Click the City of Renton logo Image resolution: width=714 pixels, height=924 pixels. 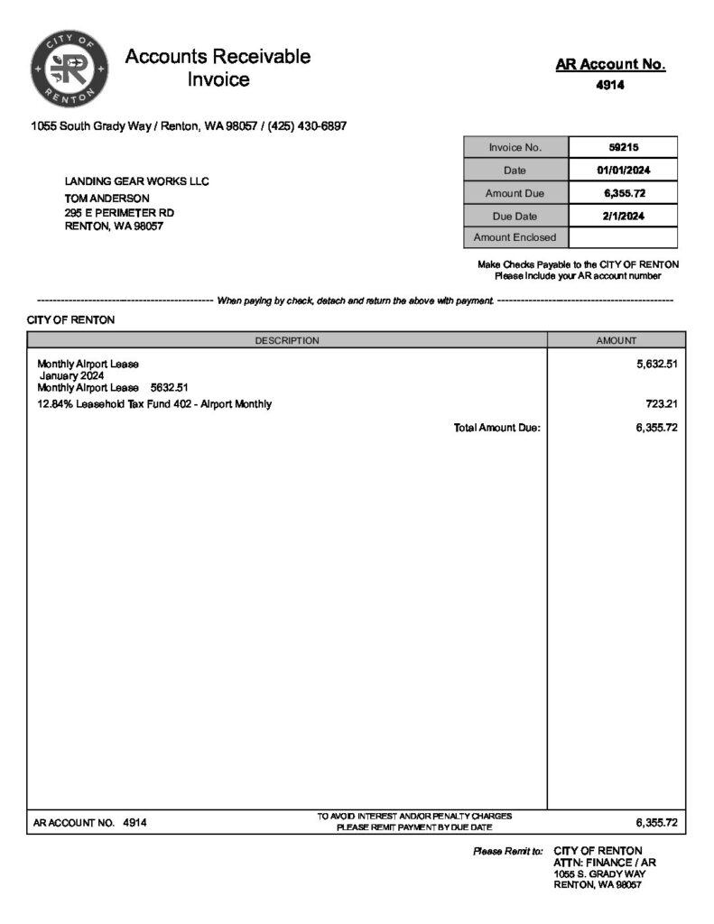(70, 68)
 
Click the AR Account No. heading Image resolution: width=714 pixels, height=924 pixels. (610, 64)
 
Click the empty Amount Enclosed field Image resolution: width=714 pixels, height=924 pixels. (623, 238)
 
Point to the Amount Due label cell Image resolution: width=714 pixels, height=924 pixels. (515, 193)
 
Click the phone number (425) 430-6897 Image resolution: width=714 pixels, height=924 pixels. (307, 126)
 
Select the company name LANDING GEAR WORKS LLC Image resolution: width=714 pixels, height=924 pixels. (136, 181)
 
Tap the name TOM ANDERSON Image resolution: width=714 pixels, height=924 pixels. (107, 198)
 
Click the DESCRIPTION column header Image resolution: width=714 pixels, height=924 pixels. (287, 340)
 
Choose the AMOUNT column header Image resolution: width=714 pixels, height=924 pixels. (616, 340)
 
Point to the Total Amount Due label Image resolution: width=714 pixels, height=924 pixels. (496, 428)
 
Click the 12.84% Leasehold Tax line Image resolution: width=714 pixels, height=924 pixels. (154, 404)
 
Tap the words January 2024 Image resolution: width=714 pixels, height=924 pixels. (71, 375)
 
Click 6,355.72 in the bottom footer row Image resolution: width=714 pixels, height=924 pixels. (656, 822)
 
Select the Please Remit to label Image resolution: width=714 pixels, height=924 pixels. (507, 851)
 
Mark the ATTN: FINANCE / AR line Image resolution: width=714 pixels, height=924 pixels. (604, 863)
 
